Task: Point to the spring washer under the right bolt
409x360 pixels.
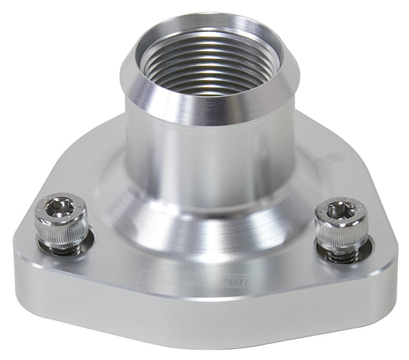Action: coord(341,257)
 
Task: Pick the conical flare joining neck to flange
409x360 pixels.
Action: coord(204,218)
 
